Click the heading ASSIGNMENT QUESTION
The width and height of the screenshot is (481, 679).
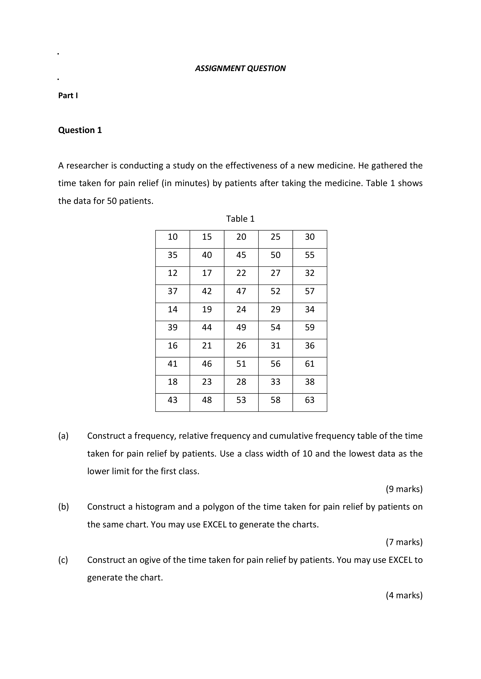pyautogui.click(x=240, y=68)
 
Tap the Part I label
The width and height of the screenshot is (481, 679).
pyautogui.click(x=68, y=95)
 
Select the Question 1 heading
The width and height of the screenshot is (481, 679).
pyautogui.click(x=80, y=130)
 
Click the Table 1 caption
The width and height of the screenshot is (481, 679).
pyautogui.click(x=240, y=219)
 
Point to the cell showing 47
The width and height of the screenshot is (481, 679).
pyautogui.click(x=241, y=291)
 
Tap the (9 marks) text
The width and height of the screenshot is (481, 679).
pyautogui.click(x=404, y=489)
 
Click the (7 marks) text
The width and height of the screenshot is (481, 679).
pyautogui.click(x=404, y=542)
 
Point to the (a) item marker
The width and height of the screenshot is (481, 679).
pyautogui.click(x=63, y=436)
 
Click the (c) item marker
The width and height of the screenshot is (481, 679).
pyautogui.click(x=63, y=560)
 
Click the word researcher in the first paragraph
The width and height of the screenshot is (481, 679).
pyautogui.click(x=87, y=166)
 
